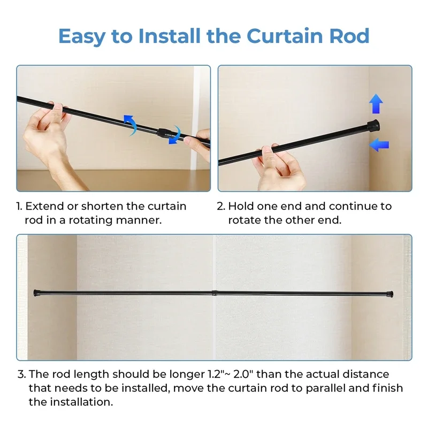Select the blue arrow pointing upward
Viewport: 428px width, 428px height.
(x=376, y=104)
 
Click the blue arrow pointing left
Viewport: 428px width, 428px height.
(x=379, y=144)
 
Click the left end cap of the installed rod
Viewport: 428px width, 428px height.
(x=37, y=293)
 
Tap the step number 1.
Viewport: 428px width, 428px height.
(x=19, y=206)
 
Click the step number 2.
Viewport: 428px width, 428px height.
(x=220, y=206)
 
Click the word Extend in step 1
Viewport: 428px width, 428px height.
(x=45, y=206)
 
